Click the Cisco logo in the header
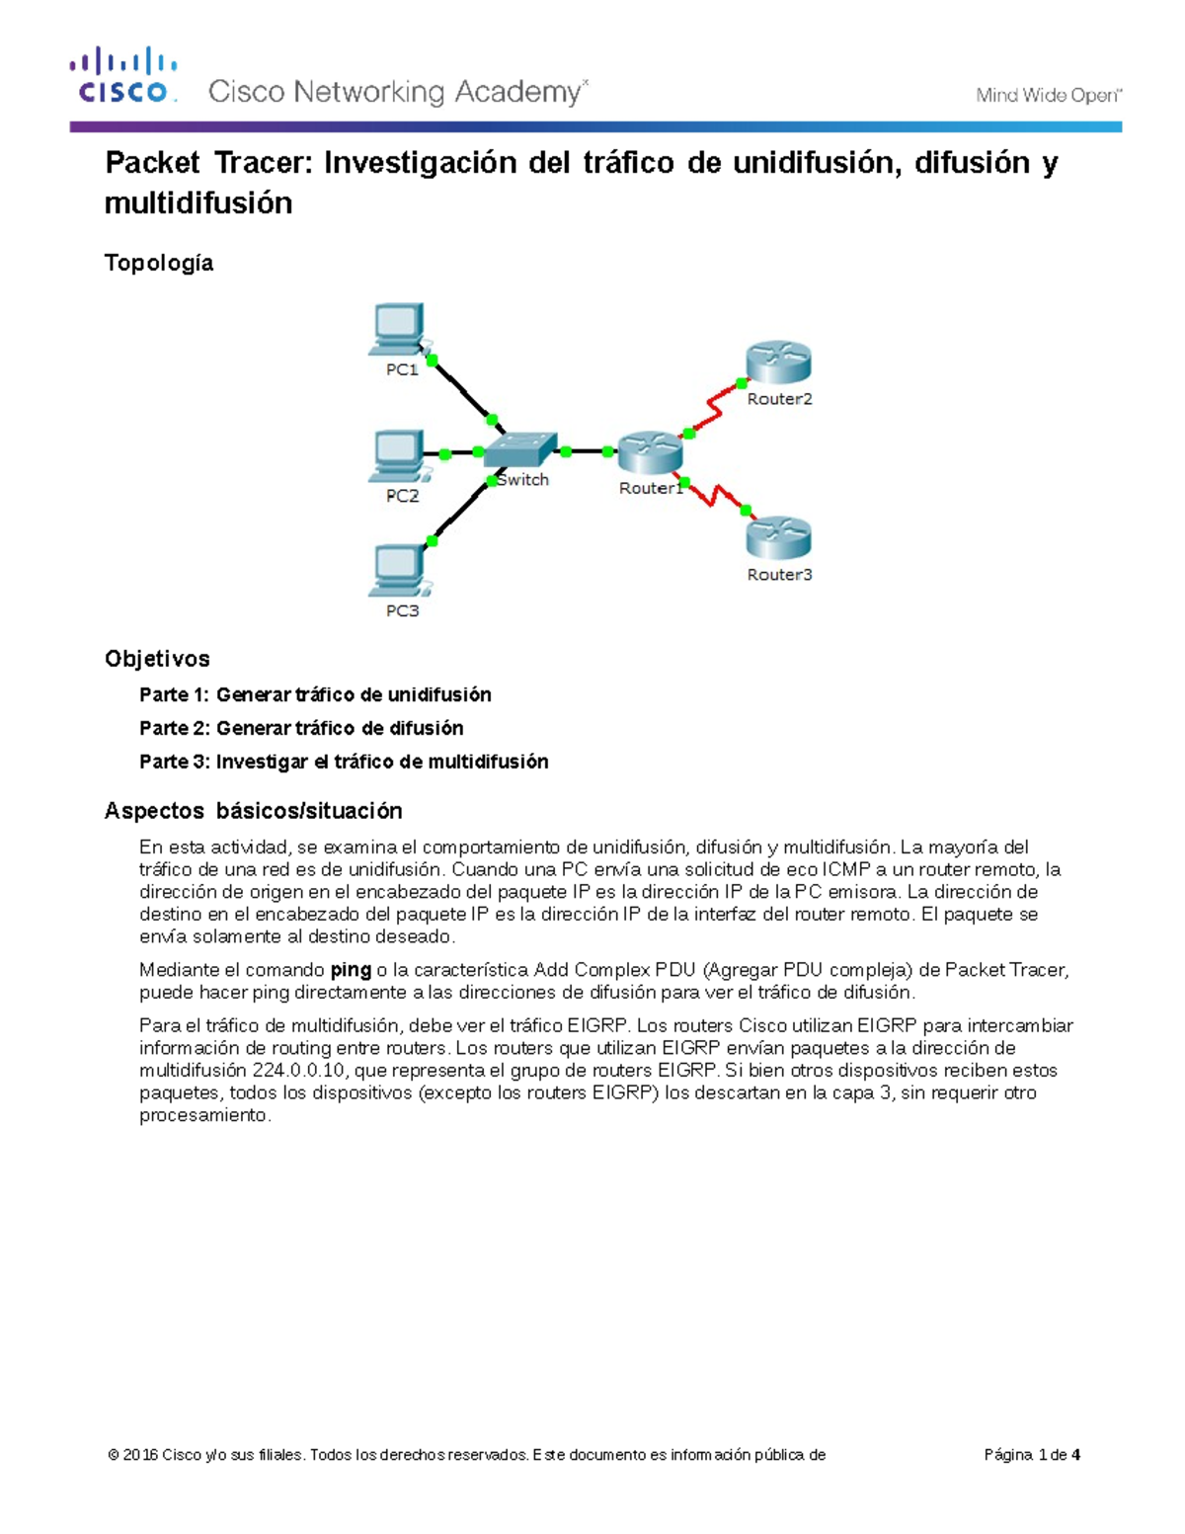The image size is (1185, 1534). pyautogui.click(x=123, y=76)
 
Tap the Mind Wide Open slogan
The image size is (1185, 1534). pyautogui.click(x=1048, y=96)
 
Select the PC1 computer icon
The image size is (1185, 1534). pyautogui.click(x=399, y=329)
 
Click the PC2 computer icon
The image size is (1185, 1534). pyautogui.click(x=398, y=455)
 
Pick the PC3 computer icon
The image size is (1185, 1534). pyautogui.click(x=399, y=571)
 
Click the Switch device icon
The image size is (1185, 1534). pyautogui.click(x=521, y=449)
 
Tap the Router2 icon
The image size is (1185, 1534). pyautogui.click(x=778, y=363)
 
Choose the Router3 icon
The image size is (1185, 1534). pyautogui.click(x=778, y=538)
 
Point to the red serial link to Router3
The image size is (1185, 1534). pyautogui.click(x=718, y=496)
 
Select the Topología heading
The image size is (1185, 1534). pyautogui.click(x=159, y=263)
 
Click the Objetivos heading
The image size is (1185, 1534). pyautogui.click(x=157, y=659)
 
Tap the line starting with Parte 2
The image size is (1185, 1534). pyautogui.click(x=301, y=728)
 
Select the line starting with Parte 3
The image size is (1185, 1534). pyautogui.click(x=344, y=762)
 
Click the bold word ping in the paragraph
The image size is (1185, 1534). pyautogui.click(x=351, y=970)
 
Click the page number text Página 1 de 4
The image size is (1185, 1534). pyautogui.click(x=1032, y=1454)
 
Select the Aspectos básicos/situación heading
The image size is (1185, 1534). pyautogui.click(x=254, y=811)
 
